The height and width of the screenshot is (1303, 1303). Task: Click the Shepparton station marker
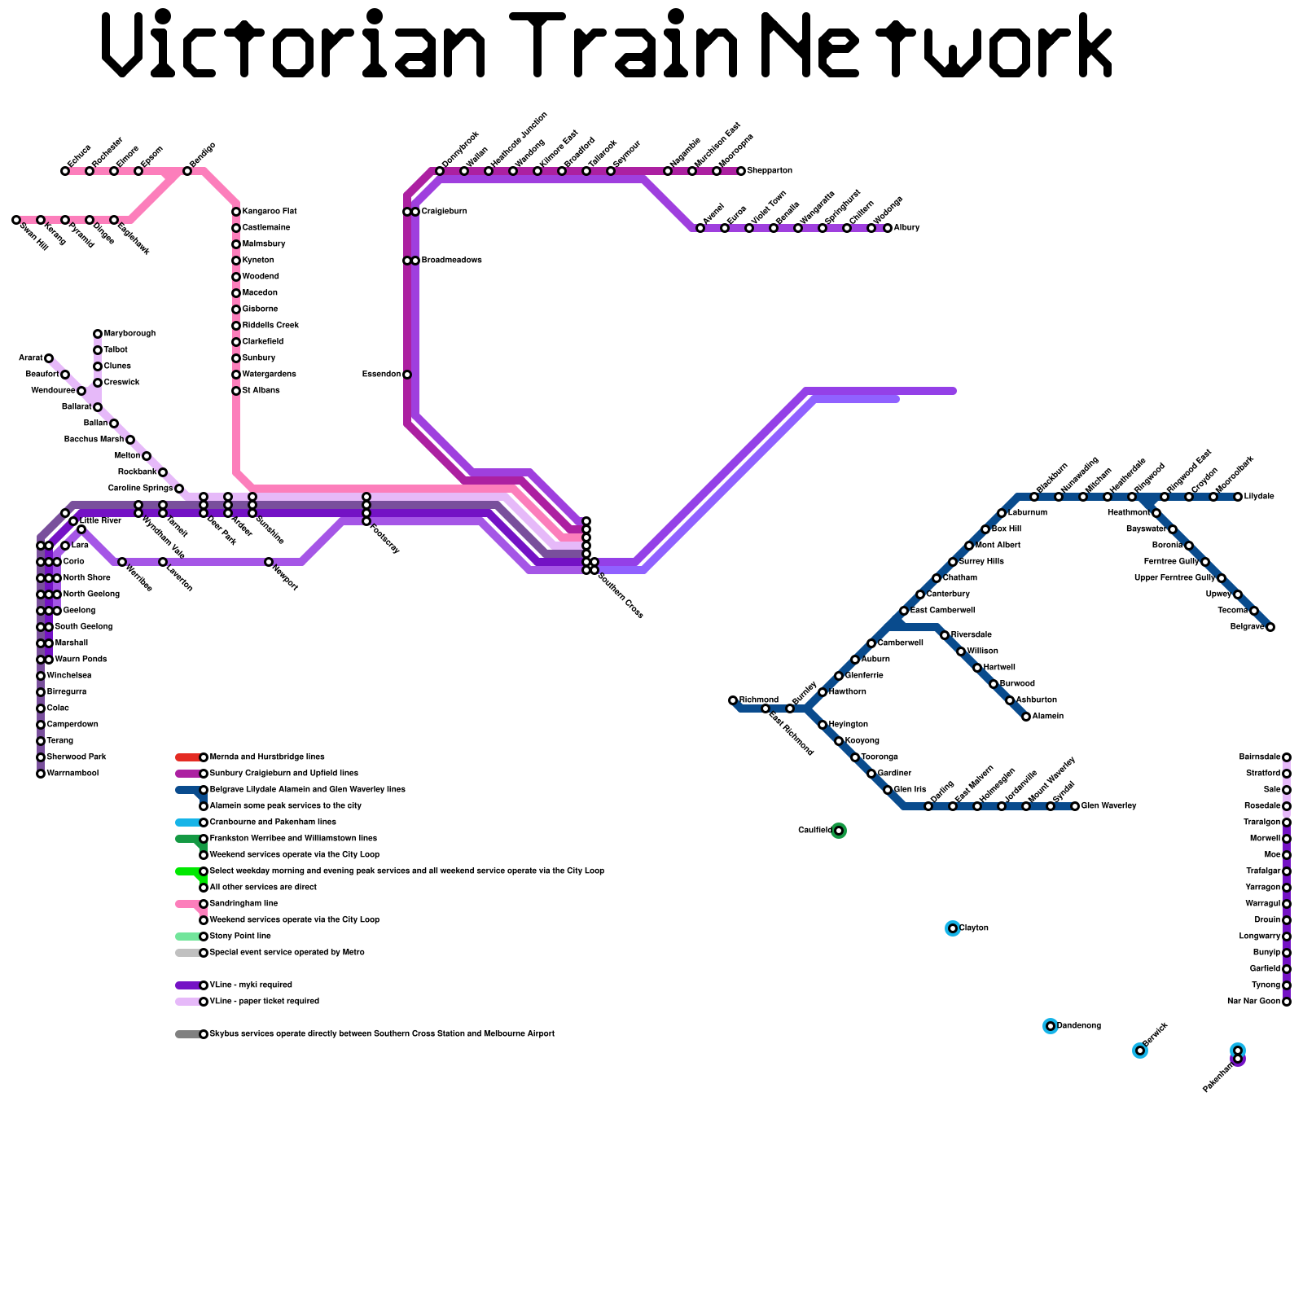[x=741, y=171]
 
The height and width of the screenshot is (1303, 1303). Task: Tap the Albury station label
[x=906, y=228]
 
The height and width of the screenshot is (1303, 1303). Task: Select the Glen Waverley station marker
[x=1075, y=806]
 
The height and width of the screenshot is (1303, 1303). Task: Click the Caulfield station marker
[x=839, y=831]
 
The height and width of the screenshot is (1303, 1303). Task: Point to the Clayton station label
[x=974, y=928]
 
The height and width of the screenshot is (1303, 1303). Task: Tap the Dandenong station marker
[x=1051, y=1026]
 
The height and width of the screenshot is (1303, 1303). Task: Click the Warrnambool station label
[x=73, y=774]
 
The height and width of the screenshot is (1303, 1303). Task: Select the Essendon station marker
[x=407, y=375]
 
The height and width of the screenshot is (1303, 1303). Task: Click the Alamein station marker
[x=1026, y=717]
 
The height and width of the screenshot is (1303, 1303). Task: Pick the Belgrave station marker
[x=1270, y=627]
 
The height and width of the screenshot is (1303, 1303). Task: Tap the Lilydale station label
[x=1259, y=497]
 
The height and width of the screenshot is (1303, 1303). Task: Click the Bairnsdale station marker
[x=1287, y=757]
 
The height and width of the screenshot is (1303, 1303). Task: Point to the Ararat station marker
[x=49, y=358]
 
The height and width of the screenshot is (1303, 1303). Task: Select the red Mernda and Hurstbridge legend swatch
[x=187, y=757]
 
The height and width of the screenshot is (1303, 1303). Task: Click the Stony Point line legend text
[x=240, y=937]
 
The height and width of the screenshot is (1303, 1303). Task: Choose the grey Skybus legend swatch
[x=187, y=1034]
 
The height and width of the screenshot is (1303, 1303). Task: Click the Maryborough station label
[x=129, y=334]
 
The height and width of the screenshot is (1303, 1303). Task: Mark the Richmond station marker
[x=733, y=700]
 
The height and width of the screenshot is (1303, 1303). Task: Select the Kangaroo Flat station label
[x=270, y=212]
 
